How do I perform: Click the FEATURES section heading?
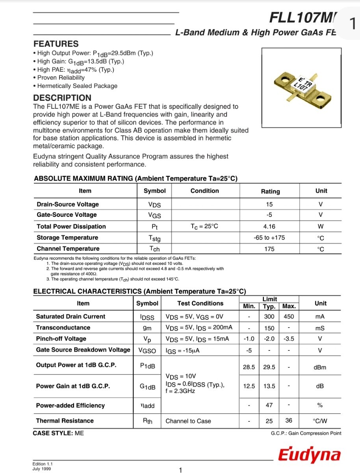pos(56,44)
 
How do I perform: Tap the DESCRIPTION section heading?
pos(62,98)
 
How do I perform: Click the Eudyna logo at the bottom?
pos(309,455)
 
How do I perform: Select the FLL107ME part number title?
pos(303,18)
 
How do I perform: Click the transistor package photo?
pos(301,88)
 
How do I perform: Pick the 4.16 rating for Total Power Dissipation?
pos(269,227)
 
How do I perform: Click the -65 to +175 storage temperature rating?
pos(269,238)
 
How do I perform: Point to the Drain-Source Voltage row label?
pos(68,204)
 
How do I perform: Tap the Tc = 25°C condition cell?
pos(204,226)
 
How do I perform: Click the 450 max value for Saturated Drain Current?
pos(289,317)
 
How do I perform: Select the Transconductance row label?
pos(63,328)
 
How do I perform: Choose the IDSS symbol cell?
pos(147,317)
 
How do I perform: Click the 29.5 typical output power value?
pos(269,367)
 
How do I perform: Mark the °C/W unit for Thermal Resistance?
pos(320,421)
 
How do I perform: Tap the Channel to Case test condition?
pos(188,421)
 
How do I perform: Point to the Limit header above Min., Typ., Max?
pos(269,299)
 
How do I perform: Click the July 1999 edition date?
pos(41,469)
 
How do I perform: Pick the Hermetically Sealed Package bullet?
pos(77,86)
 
